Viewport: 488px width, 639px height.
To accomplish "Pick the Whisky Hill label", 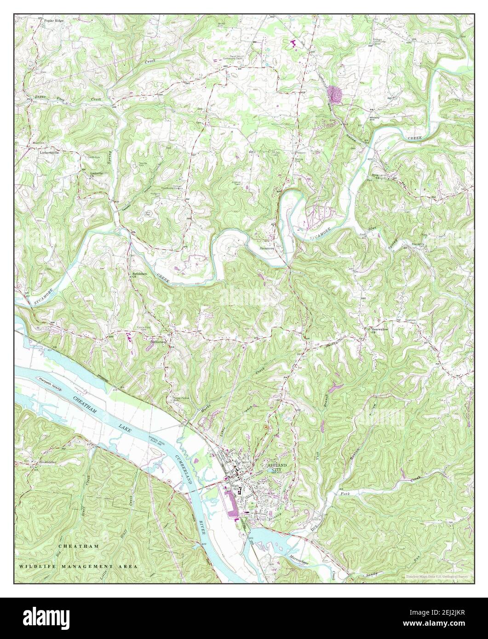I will coord(373,119).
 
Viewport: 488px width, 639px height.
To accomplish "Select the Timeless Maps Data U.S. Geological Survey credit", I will coord(436,576).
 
